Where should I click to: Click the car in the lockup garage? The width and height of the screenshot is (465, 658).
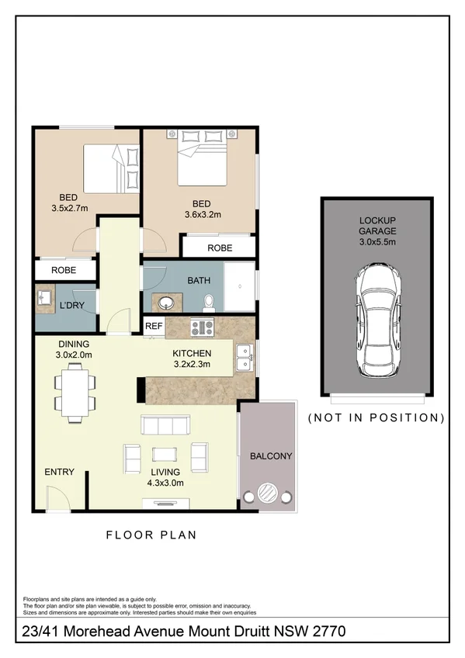coord(377,320)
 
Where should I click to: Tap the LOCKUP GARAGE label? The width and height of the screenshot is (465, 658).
coord(377,231)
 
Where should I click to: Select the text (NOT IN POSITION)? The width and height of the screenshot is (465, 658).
coord(377,417)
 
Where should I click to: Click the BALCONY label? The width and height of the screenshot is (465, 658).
coord(270,456)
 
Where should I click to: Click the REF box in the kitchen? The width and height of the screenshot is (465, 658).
coord(154,327)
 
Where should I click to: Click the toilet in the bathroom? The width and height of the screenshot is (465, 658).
coord(206,300)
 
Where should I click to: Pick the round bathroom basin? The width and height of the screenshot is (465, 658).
coord(165,302)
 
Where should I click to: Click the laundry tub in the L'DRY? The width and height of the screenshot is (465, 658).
coord(43,296)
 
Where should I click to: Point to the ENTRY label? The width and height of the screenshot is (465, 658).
coord(59,472)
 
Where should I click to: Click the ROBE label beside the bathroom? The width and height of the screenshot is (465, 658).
coord(219,248)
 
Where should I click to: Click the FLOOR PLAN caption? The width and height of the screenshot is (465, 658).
coord(151,535)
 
